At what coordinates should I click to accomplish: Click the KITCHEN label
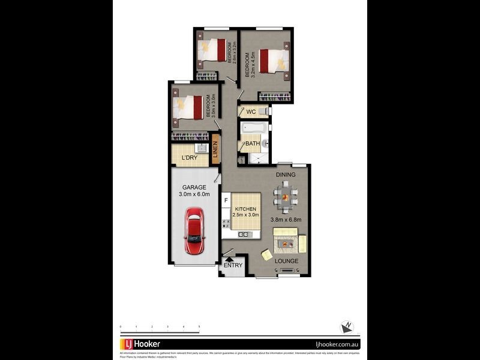pos(246,209)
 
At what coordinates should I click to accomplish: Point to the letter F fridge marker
pos(226,200)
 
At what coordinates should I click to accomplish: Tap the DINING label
pos(286,175)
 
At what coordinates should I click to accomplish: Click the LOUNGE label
pos(286,261)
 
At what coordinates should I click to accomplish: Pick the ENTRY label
pos(232,265)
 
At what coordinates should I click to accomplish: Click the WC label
pos(251,112)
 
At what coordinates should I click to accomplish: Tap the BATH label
pos(252,144)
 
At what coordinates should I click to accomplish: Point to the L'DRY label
pos(190,158)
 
